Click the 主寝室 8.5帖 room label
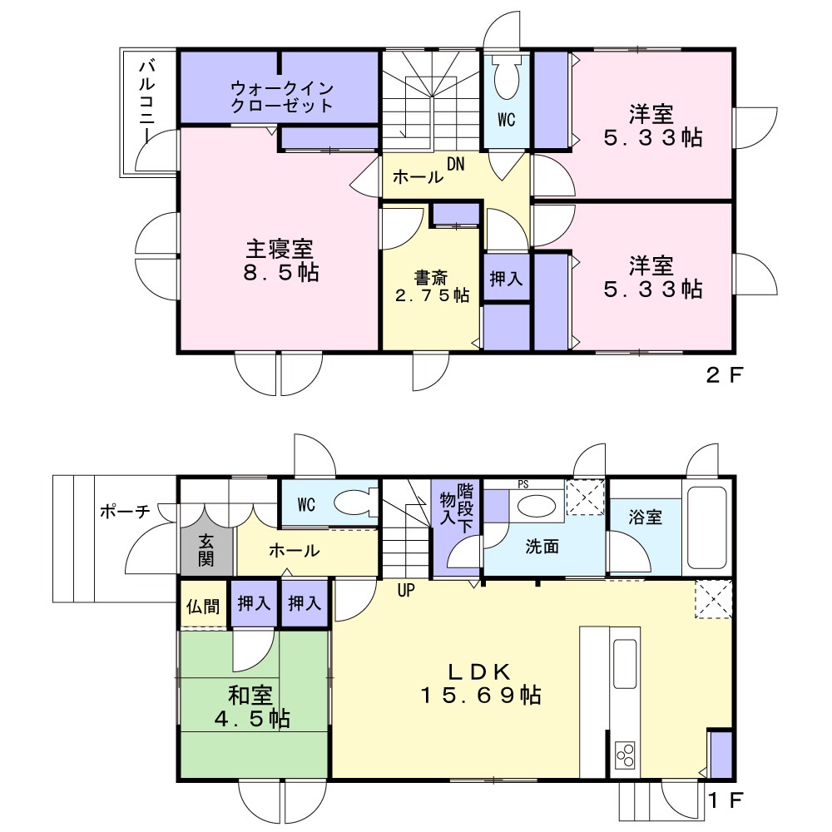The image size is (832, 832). coord(280,260)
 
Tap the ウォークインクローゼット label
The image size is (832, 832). coord(282,97)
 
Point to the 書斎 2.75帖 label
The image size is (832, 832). coord(432,286)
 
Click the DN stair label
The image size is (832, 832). coord(455,164)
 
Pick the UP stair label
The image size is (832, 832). coord(406,590)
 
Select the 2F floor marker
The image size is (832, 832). coord(725,376)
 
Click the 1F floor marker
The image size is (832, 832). coord(726,800)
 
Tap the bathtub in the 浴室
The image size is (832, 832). coord(706,527)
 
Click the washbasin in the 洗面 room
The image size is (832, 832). coord(536,505)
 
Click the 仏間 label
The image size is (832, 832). coord(203,606)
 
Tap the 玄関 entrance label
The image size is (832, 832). coord(206,550)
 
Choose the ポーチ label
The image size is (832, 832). coord(126,511)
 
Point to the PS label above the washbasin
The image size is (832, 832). coord(523,484)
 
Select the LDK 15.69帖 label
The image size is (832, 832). coord(481,683)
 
